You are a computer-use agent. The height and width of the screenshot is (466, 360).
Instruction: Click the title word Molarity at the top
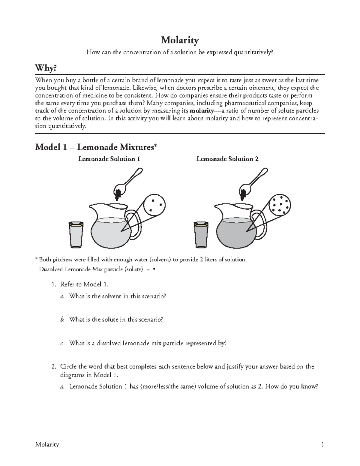coord(180,40)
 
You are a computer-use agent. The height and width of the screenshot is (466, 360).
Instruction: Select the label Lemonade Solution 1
coord(109,159)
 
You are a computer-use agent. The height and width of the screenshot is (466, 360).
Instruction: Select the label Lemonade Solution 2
coord(227,159)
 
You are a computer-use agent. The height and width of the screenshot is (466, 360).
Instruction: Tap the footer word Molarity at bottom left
coord(47,444)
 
